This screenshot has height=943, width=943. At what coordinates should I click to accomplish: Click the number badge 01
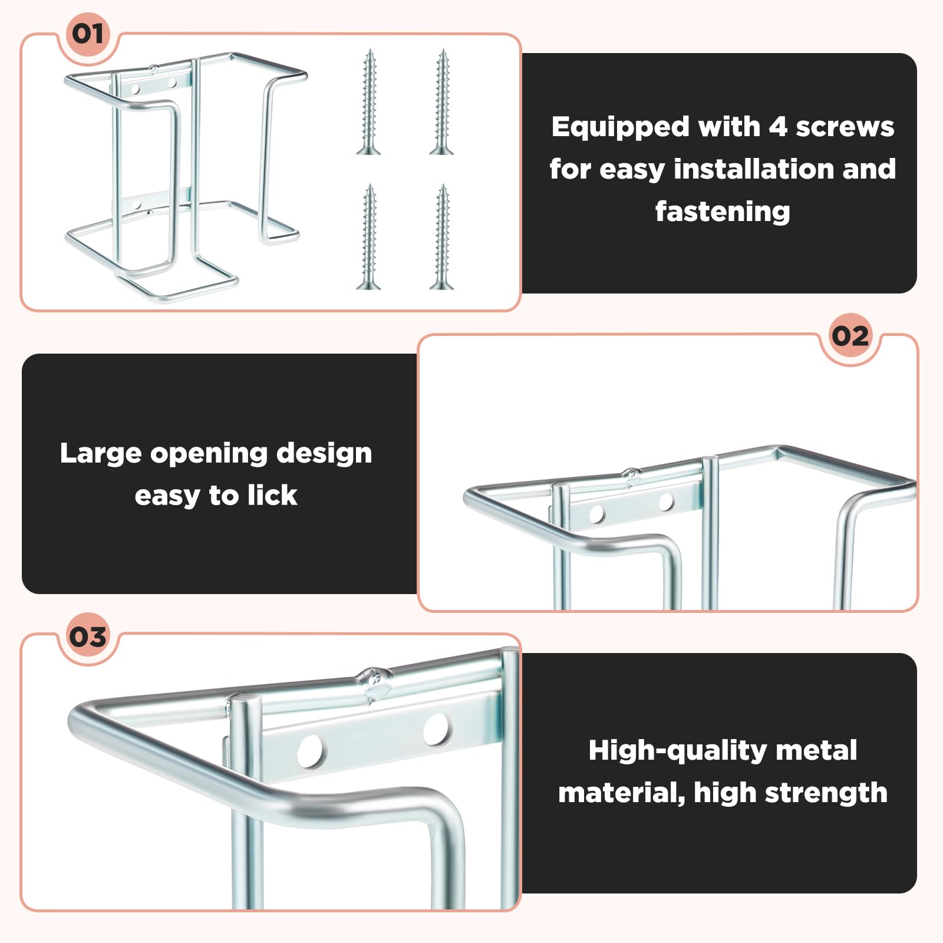pyautogui.click(x=88, y=34)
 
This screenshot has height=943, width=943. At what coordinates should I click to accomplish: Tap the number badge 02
pyautogui.click(x=850, y=337)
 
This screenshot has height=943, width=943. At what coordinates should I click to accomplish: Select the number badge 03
pyautogui.click(x=88, y=637)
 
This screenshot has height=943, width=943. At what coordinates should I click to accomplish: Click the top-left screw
pyautogui.click(x=369, y=102)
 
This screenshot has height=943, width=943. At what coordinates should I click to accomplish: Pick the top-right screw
pyautogui.click(x=442, y=102)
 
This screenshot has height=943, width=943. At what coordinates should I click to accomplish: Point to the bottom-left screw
pyautogui.click(x=369, y=236)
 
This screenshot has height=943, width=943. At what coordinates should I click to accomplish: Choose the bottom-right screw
pyautogui.click(x=442, y=236)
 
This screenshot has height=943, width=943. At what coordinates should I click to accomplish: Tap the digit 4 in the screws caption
pyautogui.click(x=778, y=127)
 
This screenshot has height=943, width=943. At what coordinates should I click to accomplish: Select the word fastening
pyautogui.click(x=723, y=211)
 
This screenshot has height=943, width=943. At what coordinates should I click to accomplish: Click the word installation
pyautogui.click(x=755, y=169)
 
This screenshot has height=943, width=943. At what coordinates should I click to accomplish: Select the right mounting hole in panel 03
pyautogui.click(x=436, y=728)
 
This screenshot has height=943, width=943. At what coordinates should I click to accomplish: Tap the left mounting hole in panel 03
pyautogui.click(x=309, y=751)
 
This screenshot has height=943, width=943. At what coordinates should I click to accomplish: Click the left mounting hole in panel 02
pyautogui.click(x=597, y=513)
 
